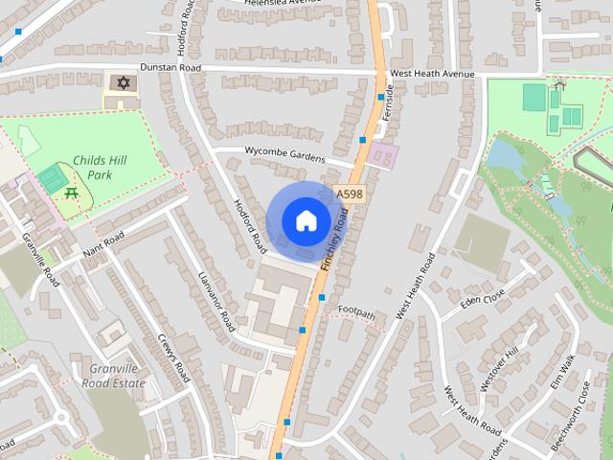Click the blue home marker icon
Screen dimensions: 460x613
[x=305, y=220]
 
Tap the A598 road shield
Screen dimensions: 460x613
[x=350, y=195]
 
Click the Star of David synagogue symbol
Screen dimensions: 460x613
[x=121, y=83]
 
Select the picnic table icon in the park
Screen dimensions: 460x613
[x=71, y=194]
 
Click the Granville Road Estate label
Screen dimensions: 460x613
[x=116, y=376]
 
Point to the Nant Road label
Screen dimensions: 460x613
[x=104, y=244]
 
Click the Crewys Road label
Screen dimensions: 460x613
[x=175, y=356]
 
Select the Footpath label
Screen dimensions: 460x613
[x=356, y=310]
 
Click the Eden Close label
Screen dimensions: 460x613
[x=482, y=300]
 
